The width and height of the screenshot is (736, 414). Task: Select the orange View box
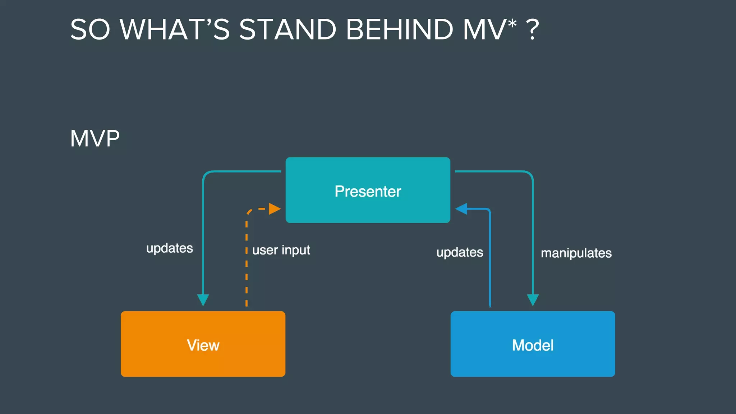tap(203, 363)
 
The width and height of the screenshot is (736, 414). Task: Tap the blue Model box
tap(533, 363)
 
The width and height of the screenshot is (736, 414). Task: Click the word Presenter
tap(368, 191)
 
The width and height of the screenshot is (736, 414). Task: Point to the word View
tap(203, 345)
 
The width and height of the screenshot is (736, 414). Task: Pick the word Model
tap(533, 345)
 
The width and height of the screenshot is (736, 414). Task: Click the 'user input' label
tap(281, 250)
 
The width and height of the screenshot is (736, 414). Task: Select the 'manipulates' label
tap(576, 253)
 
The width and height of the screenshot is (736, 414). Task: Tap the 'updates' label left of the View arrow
tap(170, 248)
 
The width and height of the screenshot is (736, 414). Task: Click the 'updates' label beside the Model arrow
tap(460, 252)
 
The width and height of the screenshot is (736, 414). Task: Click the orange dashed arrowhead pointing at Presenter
tap(274, 209)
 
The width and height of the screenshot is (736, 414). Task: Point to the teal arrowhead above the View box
tap(203, 300)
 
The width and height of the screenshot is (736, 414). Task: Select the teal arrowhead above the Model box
tap(533, 300)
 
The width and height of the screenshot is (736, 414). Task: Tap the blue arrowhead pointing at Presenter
tap(461, 209)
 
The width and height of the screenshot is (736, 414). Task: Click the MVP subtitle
tap(95, 138)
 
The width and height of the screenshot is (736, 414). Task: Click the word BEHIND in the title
tap(400, 29)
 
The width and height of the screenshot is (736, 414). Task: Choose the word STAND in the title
tap(287, 29)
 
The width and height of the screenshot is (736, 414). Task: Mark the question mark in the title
tap(532, 29)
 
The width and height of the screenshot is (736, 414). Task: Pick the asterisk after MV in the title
tap(512, 23)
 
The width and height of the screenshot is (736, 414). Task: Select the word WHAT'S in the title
tap(175, 29)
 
